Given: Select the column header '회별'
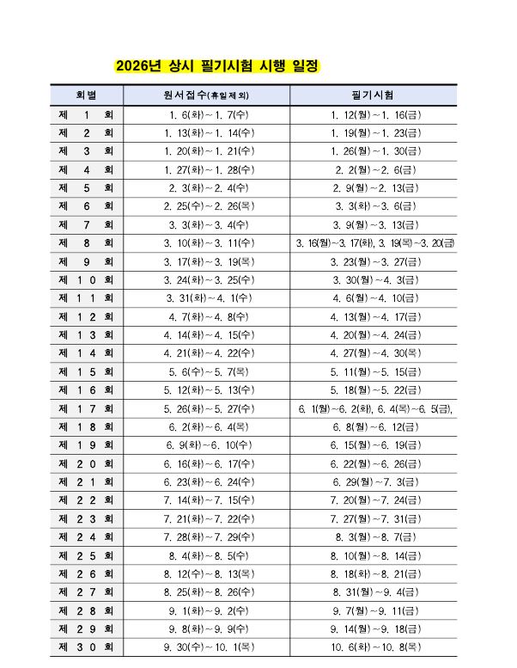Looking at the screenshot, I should (x=86, y=94).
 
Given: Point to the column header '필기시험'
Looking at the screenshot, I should (x=374, y=94).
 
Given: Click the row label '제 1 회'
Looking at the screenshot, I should (x=86, y=114).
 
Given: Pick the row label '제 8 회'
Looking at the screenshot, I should (x=86, y=242).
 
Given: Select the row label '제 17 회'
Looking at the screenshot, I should (x=86, y=408).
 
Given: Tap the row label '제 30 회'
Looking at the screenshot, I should (x=86, y=647).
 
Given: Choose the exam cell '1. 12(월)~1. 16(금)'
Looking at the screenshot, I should (x=374, y=114).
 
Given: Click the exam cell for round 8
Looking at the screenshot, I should (x=374, y=243).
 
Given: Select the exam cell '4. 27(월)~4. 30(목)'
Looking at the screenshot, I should (x=374, y=353).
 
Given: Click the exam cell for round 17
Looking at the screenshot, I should (x=374, y=408).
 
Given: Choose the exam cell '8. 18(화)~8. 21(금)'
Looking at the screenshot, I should (x=374, y=573).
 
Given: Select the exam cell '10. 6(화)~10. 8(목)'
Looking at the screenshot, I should (x=374, y=647).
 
